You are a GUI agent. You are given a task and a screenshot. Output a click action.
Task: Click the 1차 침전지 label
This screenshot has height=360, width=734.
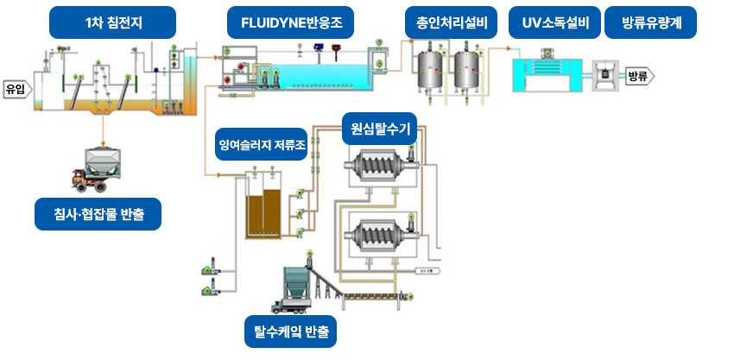click(x=113, y=22)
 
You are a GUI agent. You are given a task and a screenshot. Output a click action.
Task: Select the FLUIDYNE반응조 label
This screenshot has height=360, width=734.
click(x=290, y=22)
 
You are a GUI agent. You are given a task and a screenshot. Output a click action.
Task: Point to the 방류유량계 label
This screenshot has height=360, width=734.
click(x=653, y=22)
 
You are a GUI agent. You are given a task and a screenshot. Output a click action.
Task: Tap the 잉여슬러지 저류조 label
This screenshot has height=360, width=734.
click(x=261, y=145)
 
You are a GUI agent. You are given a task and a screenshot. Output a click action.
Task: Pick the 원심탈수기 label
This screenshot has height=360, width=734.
click(x=380, y=129)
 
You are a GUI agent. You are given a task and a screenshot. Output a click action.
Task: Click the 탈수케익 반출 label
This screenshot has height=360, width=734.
click(x=290, y=332)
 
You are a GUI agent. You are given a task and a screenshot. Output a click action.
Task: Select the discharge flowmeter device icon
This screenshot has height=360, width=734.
click(x=604, y=74)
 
